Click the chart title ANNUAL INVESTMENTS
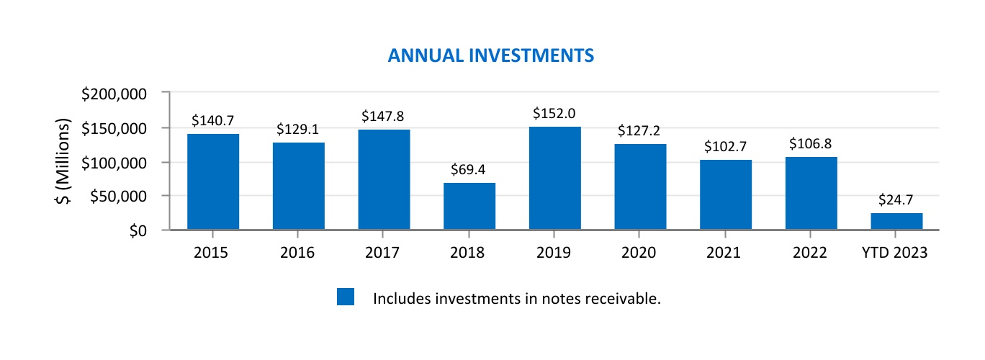(x=490, y=55)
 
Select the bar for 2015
(x=213, y=182)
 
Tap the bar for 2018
(x=469, y=207)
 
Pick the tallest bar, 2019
(x=554, y=179)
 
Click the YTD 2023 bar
(x=896, y=222)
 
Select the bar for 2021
(x=725, y=195)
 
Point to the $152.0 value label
(x=554, y=114)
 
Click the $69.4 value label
(x=469, y=170)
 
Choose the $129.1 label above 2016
(x=298, y=130)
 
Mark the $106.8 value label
(x=811, y=144)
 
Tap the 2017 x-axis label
(x=383, y=253)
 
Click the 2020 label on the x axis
(x=639, y=253)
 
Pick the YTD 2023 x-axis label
(x=896, y=253)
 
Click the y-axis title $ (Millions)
(x=64, y=161)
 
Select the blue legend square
(x=346, y=297)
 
